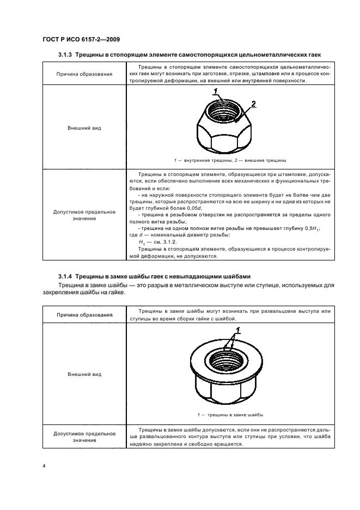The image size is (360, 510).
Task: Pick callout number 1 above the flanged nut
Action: [238, 330]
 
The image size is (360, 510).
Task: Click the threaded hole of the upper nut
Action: [223, 112]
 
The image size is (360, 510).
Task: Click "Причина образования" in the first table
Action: [84, 74]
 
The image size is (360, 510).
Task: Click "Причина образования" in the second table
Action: [84, 314]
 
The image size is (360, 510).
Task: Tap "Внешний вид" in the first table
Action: [84, 129]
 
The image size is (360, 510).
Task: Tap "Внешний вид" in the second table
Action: [84, 375]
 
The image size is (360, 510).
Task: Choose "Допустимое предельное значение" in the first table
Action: [84, 215]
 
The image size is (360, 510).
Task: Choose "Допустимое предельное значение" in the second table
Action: [84, 437]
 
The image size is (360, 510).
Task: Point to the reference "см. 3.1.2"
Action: [164, 241]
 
